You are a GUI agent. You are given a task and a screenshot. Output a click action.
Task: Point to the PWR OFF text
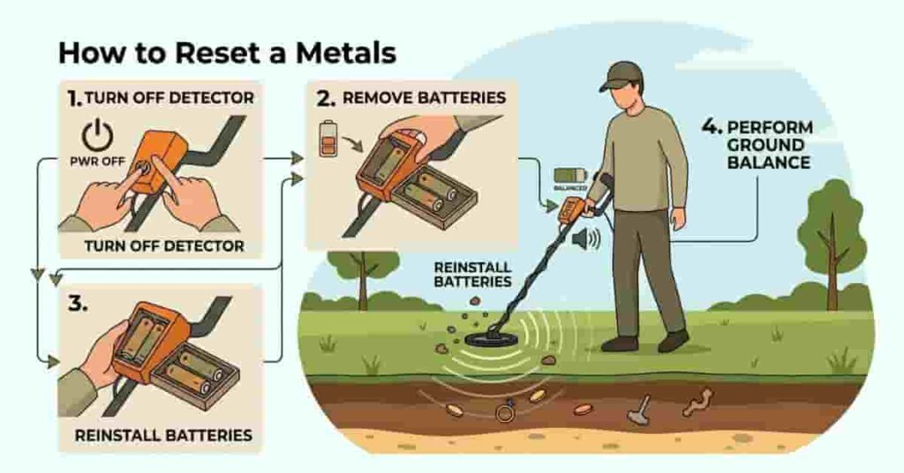96,162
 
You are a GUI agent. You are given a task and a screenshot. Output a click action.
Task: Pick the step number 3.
79,305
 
